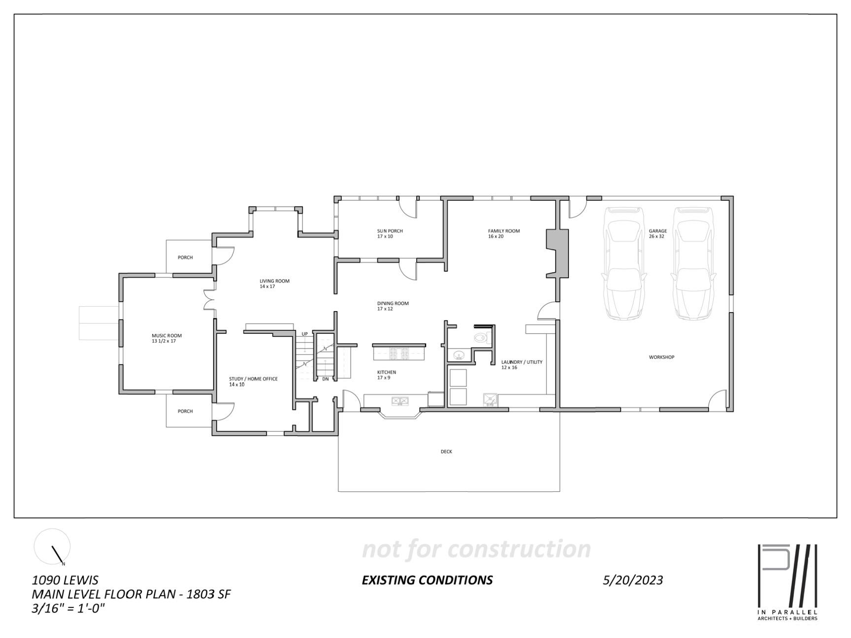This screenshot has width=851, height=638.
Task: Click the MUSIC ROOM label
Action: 166,336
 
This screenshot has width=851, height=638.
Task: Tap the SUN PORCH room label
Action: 390,231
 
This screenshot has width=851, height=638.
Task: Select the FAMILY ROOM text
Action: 504,231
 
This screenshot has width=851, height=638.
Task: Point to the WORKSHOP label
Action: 661,357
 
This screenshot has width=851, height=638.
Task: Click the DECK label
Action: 446,451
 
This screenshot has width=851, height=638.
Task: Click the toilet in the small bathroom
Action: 479,338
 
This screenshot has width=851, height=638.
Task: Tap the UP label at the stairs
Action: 305,334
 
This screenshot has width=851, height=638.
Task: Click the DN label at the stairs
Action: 325,379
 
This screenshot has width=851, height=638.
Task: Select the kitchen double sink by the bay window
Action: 400,401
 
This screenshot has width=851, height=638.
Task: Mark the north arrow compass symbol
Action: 52,547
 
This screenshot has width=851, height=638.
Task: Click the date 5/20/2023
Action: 632,580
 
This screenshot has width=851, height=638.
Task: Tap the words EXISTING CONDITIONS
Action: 427,580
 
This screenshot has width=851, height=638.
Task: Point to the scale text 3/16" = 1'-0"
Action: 68,608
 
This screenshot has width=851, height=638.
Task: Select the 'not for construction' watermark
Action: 476,549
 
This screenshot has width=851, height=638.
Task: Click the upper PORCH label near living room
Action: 185,257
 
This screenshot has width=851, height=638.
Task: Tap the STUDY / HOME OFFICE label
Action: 253,379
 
